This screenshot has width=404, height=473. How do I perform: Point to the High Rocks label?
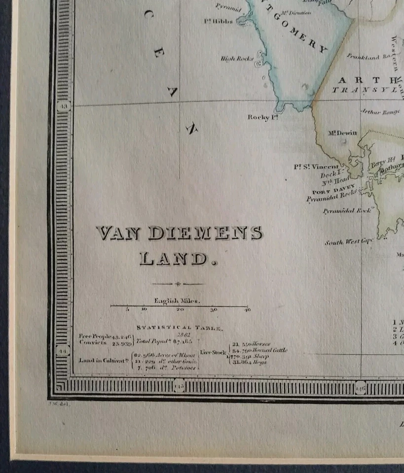[x=236, y=59]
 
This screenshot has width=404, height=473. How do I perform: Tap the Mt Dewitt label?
[x=342, y=133]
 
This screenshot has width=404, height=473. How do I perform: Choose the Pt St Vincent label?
[x=316, y=167]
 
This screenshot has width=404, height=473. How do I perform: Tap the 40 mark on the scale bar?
[x=247, y=310]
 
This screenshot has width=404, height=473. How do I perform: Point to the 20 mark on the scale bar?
[x=179, y=310]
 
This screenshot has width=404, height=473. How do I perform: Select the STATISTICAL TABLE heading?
[x=180, y=327]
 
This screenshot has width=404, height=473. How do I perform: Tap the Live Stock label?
[x=213, y=352]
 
